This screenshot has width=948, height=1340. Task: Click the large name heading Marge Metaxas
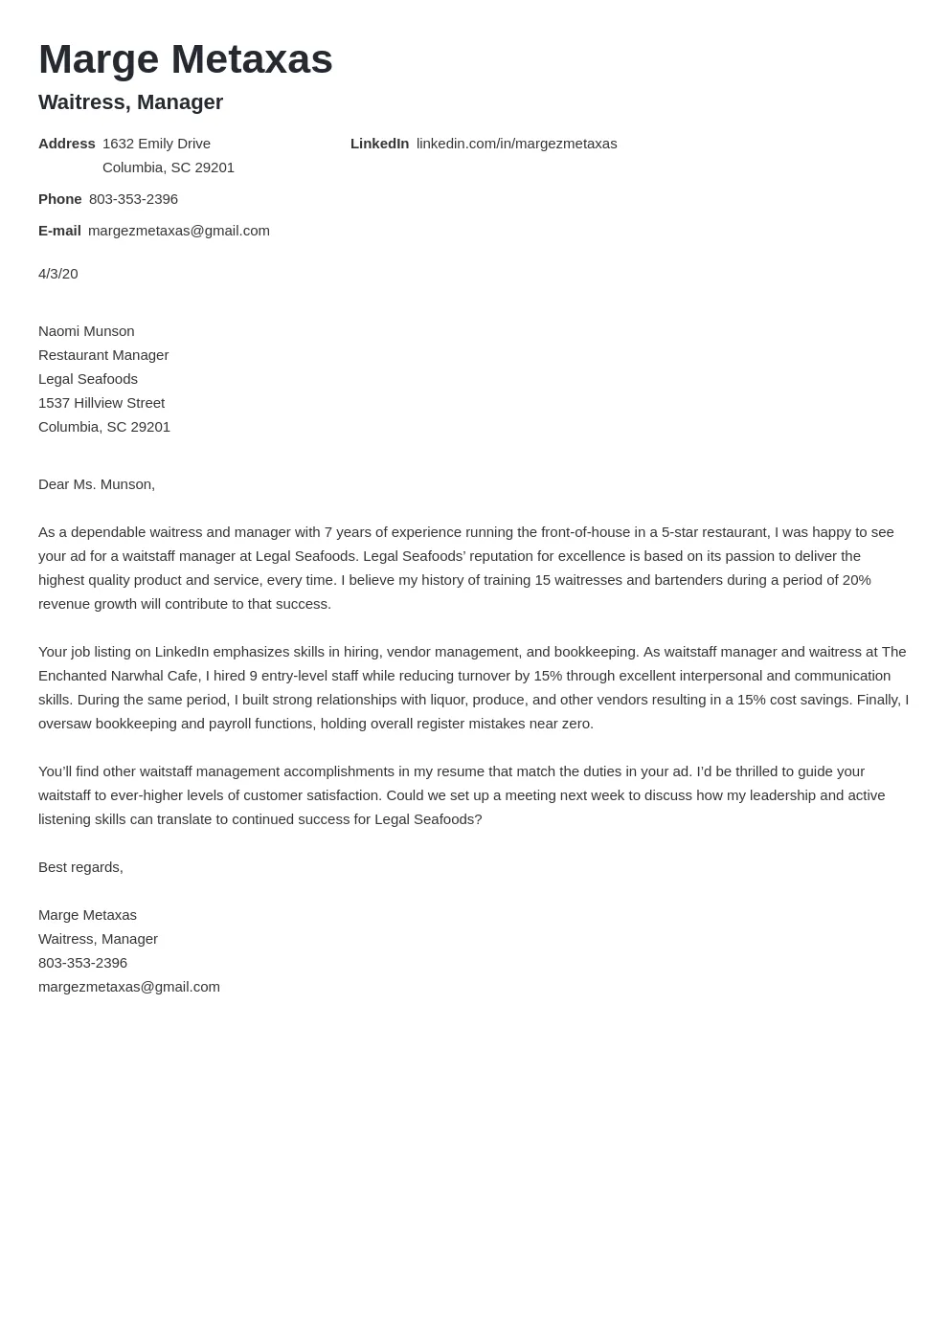tap(185, 59)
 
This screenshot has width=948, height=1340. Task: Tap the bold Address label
tap(66, 144)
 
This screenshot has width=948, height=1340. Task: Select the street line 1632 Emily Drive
tap(156, 144)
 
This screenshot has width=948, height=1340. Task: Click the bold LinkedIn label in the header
tap(379, 144)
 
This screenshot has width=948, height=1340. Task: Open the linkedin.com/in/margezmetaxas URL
tap(516, 144)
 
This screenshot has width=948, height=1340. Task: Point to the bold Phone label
tap(59, 199)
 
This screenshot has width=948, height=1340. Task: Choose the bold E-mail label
tap(59, 231)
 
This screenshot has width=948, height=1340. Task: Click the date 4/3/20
tap(57, 274)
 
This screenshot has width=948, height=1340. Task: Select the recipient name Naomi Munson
tap(86, 331)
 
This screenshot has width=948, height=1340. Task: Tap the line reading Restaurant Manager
tap(103, 355)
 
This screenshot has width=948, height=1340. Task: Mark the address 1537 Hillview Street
tap(102, 403)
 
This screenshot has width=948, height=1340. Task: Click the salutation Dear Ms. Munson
tap(96, 484)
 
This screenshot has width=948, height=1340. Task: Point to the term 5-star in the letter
tap(681, 532)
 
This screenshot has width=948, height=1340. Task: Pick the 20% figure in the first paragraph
tap(856, 580)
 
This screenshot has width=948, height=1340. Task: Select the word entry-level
tap(294, 676)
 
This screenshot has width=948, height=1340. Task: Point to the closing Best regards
tap(80, 867)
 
